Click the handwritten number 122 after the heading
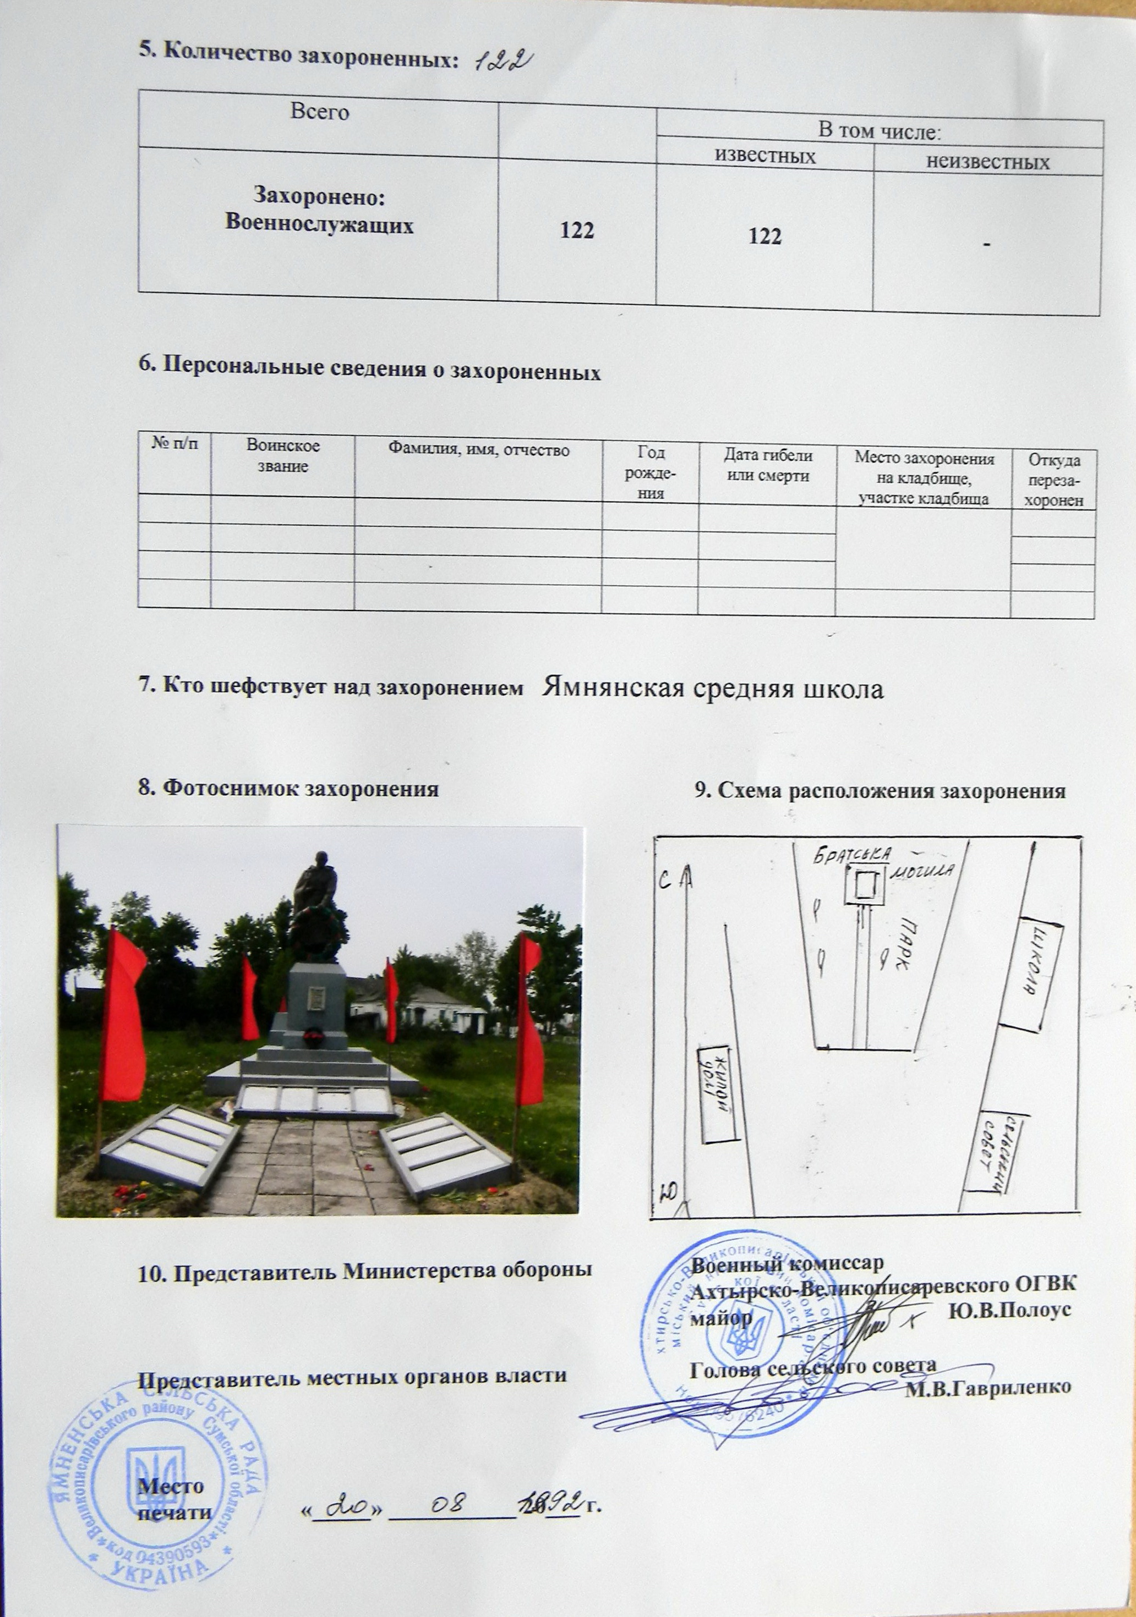coord(502,61)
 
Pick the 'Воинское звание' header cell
coord(282,455)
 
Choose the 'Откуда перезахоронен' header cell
coord(1053,480)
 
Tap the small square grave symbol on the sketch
coord(864,886)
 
